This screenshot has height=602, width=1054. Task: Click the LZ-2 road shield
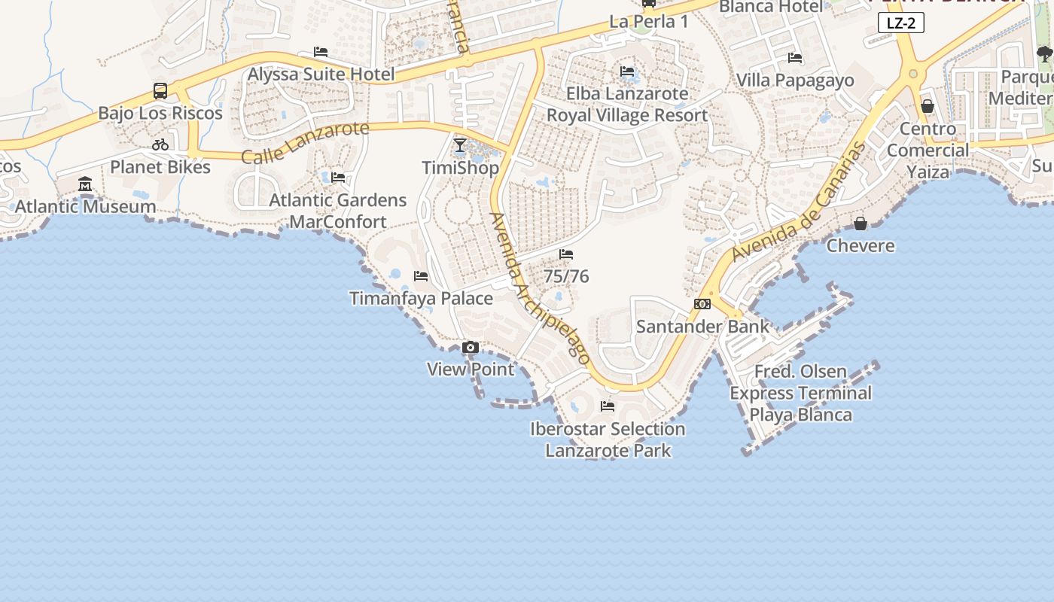click(x=900, y=23)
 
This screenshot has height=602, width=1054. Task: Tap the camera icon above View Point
click(x=471, y=347)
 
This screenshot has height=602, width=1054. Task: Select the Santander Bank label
click(x=702, y=327)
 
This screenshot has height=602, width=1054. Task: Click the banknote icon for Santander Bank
click(x=702, y=304)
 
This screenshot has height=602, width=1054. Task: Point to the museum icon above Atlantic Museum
click(x=85, y=184)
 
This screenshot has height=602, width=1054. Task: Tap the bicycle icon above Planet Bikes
click(x=160, y=144)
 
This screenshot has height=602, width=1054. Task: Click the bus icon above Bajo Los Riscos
click(x=160, y=91)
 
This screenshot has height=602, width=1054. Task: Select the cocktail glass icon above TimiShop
click(x=460, y=144)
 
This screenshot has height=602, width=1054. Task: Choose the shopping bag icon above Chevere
click(x=861, y=223)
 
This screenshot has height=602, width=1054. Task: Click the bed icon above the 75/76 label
click(x=566, y=254)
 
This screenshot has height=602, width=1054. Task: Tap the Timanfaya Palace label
click(x=422, y=299)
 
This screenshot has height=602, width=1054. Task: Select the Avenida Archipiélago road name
click(x=539, y=289)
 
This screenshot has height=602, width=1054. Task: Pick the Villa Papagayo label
click(x=795, y=81)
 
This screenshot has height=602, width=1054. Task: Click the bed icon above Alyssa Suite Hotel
click(x=321, y=52)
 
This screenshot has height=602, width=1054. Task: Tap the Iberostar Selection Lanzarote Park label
click(x=608, y=439)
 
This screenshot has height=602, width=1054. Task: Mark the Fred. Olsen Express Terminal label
click(x=801, y=393)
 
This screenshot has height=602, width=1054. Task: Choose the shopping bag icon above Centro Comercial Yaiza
click(x=928, y=107)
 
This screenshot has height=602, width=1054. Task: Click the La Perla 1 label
click(x=648, y=22)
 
